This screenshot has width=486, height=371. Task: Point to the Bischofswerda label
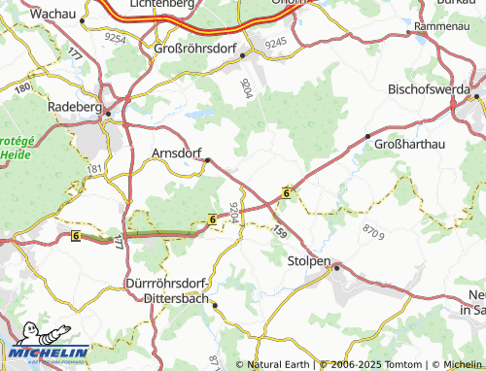428,88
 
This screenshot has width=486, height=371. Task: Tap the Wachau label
54,15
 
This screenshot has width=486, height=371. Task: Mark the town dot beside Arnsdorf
206,162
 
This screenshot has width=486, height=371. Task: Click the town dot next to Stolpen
336,266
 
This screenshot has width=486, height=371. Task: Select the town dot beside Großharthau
367,136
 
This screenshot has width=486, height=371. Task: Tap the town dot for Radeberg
109,114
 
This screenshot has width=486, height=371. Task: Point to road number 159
280,233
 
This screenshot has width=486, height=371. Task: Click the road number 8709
372,231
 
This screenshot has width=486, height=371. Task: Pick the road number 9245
275,42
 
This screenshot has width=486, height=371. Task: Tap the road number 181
94,169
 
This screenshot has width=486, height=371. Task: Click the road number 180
23,87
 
